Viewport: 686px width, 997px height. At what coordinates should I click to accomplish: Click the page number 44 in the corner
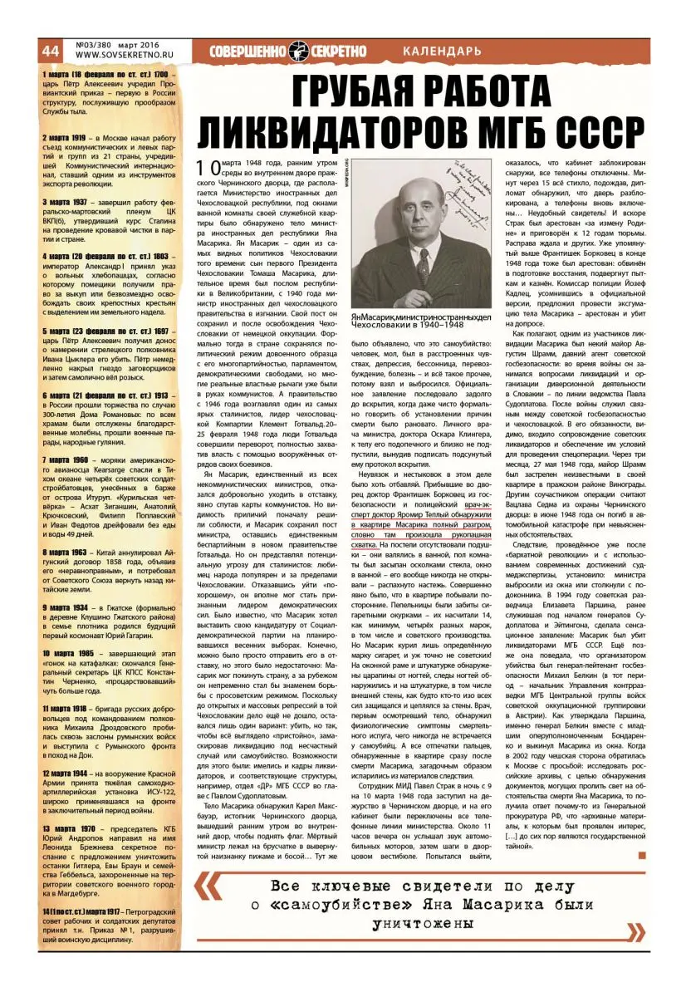(50, 50)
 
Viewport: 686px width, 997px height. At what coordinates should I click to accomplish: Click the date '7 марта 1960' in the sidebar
(68, 459)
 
